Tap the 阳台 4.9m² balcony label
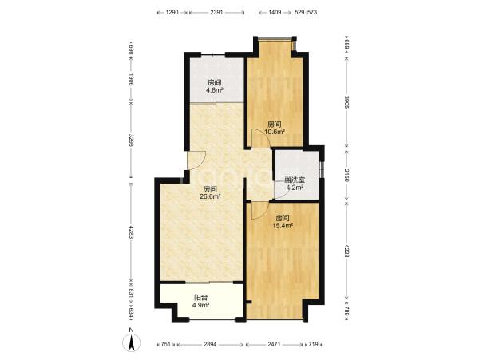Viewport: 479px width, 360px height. (202, 300)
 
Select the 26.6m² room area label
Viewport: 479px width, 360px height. (210, 192)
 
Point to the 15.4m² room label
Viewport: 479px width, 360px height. (283, 222)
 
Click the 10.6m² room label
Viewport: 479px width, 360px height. (275, 129)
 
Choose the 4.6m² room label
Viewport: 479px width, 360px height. (214, 86)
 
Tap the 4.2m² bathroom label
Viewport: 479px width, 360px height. (295, 184)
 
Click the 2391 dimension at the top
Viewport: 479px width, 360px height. (216, 13)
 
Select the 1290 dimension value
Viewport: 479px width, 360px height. (172, 13)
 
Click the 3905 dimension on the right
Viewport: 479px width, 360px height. (346, 102)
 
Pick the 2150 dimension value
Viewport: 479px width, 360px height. (346, 176)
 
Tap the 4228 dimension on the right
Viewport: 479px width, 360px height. (346, 251)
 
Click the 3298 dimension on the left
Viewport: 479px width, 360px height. (132, 140)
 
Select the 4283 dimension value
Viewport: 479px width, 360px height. (132, 232)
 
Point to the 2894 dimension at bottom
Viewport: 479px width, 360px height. (210, 344)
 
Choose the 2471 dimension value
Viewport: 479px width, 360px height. (274, 344)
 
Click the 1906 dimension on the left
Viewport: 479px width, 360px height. (132, 80)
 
